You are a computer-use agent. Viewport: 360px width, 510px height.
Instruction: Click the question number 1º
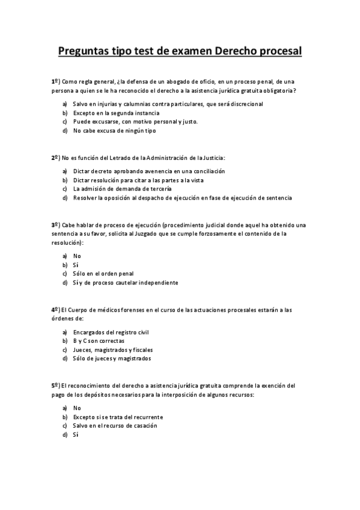pyautogui.click(x=55, y=81)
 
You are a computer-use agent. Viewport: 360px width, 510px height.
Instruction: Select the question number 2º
pyautogui.click(x=55, y=158)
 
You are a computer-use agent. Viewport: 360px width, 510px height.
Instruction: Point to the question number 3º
pyautogui.click(x=55, y=224)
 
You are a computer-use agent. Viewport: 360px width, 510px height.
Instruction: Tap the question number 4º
pyautogui.click(x=55, y=310)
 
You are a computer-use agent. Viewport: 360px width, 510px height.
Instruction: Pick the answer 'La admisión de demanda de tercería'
pyautogui.click(x=118, y=189)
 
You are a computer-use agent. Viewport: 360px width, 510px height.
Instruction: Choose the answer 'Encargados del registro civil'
pyautogui.click(x=111, y=333)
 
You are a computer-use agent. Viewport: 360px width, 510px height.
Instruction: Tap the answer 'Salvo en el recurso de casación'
pyautogui.click(x=115, y=426)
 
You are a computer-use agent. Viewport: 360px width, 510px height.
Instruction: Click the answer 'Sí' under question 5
pyautogui.click(x=76, y=435)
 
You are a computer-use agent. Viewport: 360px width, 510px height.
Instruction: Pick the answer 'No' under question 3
pyautogui.click(x=77, y=256)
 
